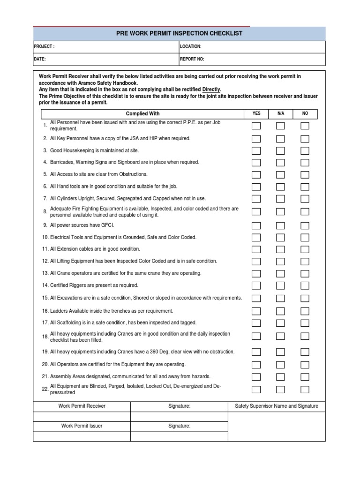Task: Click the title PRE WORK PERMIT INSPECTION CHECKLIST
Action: click(179, 33)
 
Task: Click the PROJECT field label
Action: click(44, 47)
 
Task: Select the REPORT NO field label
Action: click(192, 60)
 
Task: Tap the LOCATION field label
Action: click(191, 47)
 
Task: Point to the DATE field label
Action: click(40, 60)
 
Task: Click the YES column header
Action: click(256, 113)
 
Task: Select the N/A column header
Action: click(280, 113)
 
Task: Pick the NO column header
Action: click(305, 113)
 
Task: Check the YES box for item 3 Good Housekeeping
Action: click(256, 150)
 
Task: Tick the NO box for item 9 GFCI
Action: click(305, 225)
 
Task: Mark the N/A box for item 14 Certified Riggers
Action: click(280, 285)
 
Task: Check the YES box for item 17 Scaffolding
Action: click(256, 323)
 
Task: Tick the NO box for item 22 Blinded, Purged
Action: click(305, 390)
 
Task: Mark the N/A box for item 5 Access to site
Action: click(280, 174)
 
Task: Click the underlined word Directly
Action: click(211, 90)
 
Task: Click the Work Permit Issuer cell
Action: click(82, 426)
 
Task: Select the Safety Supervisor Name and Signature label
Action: click(277, 406)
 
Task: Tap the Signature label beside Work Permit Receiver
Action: click(179, 406)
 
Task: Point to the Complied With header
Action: click(142, 113)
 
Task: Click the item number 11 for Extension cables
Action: click(45, 249)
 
